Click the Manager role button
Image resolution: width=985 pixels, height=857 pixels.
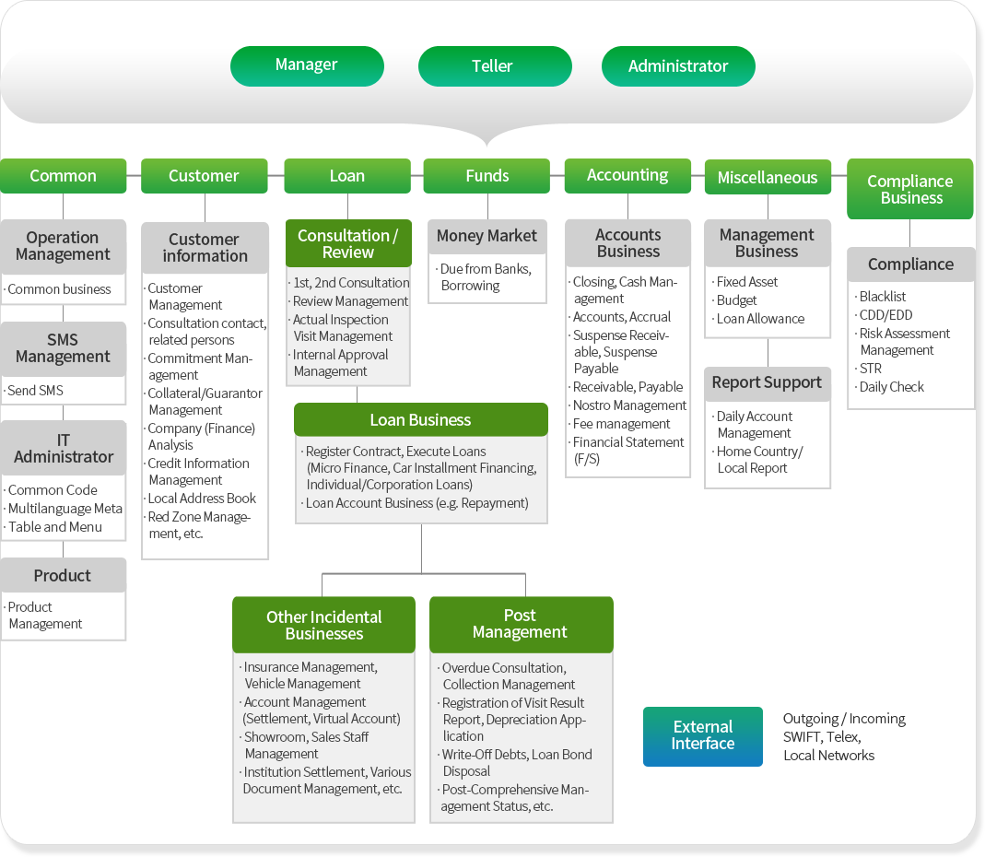pos(307,66)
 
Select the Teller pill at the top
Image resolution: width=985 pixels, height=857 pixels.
pos(495,66)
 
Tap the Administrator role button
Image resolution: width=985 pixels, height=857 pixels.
pos(678,66)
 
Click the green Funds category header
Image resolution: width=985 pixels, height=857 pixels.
pos(487,176)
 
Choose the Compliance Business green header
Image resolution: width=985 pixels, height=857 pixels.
pos(910,189)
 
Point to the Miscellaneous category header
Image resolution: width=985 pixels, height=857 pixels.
pos(768,177)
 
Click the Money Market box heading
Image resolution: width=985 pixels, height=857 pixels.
pos(487,236)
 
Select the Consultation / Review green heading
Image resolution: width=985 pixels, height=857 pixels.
pos(348,243)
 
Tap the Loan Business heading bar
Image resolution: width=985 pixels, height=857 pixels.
pos(421,419)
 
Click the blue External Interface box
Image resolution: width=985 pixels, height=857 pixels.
pos(703,736)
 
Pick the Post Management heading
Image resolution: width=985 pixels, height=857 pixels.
pos(521,625)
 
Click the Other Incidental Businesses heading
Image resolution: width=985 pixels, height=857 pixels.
pos(323,625)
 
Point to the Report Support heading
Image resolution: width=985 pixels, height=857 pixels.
pos(767,383)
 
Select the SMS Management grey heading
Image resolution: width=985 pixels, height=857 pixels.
pos(63,348)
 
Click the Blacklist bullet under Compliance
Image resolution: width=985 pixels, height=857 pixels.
pos(882,297)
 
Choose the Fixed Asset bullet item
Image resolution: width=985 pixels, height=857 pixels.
pos(746,282)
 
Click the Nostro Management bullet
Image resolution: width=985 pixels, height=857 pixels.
pos(628,405)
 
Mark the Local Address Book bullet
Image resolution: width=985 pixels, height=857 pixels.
pos(201,499)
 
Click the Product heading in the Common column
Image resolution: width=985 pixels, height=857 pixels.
pos(63,576)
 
